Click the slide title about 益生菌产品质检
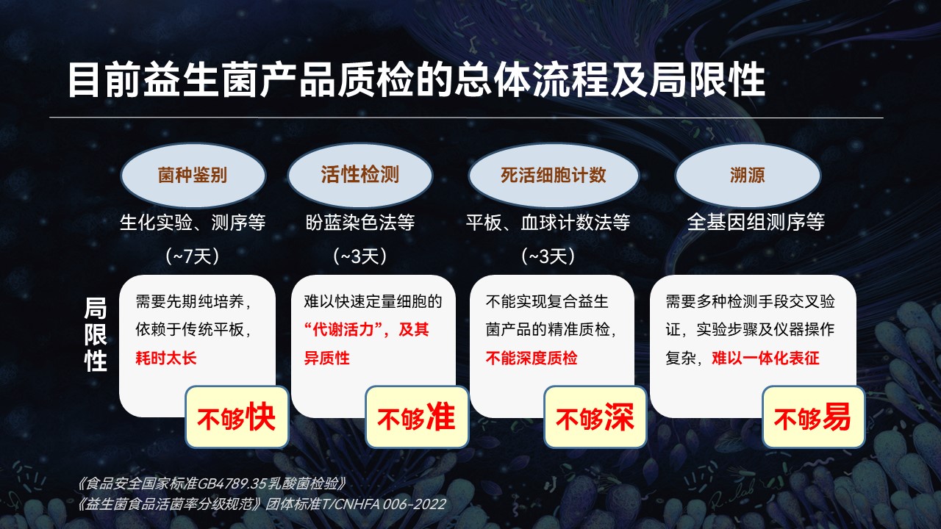coord(416,80)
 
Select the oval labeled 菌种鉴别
coord(193,175)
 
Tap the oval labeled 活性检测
coord(360,175)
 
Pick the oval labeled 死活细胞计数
coord(554,175)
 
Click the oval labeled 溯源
coord(748,175)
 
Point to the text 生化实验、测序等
coord(193,222)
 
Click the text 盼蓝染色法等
coord(360,222)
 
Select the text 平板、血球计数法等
coord(548,222)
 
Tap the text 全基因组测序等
coord(756,222)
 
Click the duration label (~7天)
coord(193,256)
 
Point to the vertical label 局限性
coord(96,334)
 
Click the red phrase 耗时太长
coord(166,358)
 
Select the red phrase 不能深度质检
coord(532,358)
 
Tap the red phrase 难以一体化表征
coord(765,358)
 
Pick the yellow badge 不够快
coord(237,417)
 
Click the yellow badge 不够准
coord(417,417)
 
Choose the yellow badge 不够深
coord(595,417)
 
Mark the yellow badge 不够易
coord(814,417)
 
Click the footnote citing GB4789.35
coord(211,484)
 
